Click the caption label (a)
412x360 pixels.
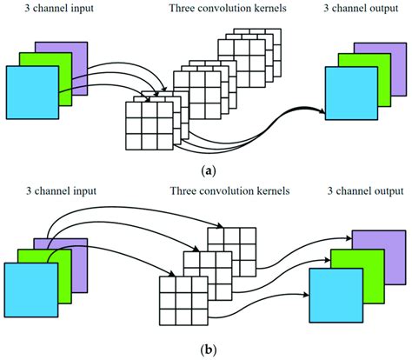[205, 172]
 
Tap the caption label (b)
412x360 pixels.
[205, 350]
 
